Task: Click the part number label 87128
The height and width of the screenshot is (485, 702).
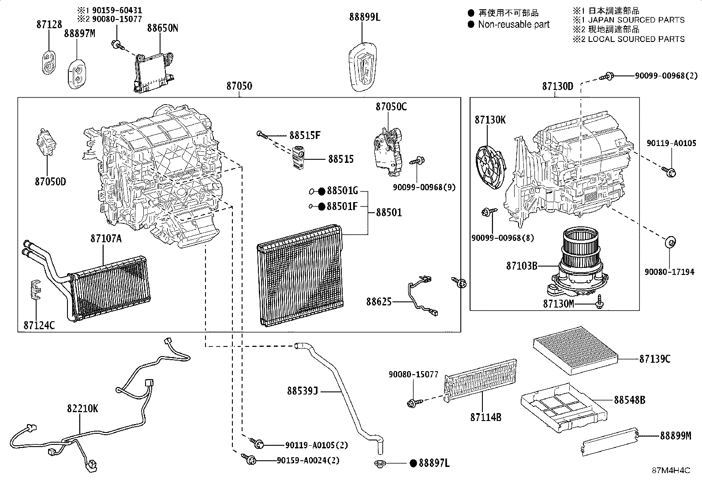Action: click(49, 25)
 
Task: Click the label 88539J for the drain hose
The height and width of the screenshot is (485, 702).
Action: click(302, 391)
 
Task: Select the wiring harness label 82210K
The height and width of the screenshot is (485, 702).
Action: click(82, 409)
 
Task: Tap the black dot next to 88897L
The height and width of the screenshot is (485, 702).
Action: click(413, 463)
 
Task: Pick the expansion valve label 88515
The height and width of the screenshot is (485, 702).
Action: click(340, 159)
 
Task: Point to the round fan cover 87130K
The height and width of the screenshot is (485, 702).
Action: click(490, 163)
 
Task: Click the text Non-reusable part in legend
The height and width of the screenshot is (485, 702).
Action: click(514, 25)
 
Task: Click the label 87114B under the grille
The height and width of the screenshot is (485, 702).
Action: click(485, 417)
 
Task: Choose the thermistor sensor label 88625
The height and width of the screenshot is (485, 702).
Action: click(378, 302)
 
